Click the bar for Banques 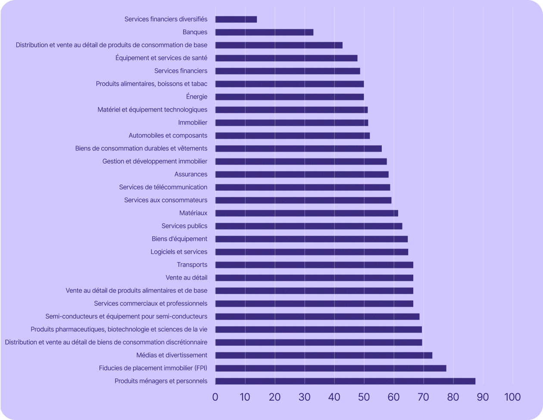264,32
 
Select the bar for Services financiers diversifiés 236,19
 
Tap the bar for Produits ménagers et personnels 345,381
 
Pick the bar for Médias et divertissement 324,355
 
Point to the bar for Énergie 290,97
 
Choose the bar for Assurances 302,174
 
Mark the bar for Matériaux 306,213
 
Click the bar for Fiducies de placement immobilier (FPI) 331,368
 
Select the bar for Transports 314,265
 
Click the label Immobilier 193,123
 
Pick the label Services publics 184,226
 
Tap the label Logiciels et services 179,252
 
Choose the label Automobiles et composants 168,136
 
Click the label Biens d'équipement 179,239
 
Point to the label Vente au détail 186,278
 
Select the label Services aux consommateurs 166,200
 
